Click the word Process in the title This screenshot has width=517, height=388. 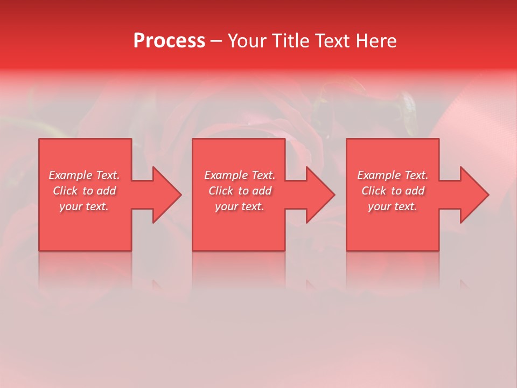click(x=169, y=41)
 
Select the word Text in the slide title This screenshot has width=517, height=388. click(x=333, y=41)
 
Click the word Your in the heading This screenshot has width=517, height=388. click(x=248, y=41)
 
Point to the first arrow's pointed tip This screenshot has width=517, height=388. click(x=181, y=195)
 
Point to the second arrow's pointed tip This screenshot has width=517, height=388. click(x=335, y=195)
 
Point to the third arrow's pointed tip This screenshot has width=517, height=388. click(x=488, y=195)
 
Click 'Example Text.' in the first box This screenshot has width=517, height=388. click(x=84, y=175)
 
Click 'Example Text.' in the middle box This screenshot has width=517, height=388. click(x=240, y=175)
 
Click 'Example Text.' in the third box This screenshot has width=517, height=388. click(x=393, y=175)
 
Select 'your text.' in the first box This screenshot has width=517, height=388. click(x=84, y=206)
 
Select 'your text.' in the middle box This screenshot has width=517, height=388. click(x=240, y=206)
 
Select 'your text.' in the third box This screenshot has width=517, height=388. click(x=393, y=206)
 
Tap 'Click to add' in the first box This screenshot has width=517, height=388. click(x=84, y=191)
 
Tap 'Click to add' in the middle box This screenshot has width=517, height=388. click(x=240, y=191)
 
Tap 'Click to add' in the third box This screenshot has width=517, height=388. click(x=393, y=191)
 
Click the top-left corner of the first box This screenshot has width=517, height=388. click(x=39, y=140)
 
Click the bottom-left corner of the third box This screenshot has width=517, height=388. click(x=347, y=250)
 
